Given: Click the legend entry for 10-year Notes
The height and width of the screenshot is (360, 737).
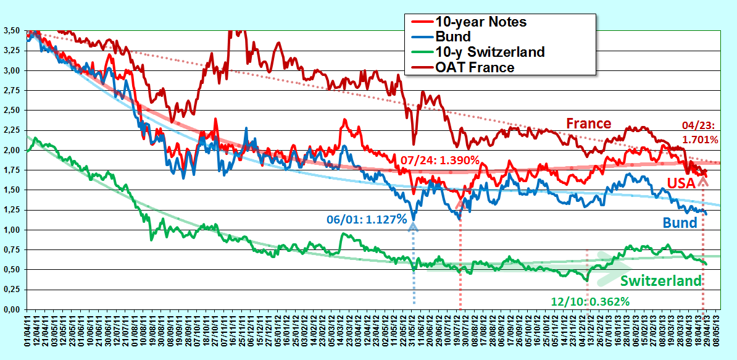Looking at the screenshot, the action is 475,22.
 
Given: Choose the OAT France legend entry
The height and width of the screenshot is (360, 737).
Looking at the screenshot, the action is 462,67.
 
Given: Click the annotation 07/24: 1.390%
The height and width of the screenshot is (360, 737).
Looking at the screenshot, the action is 439,161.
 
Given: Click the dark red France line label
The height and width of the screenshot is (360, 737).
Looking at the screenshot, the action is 588,123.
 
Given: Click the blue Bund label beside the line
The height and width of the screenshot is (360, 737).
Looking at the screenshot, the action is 680,223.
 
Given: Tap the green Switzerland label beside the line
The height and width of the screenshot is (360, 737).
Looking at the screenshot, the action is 661,281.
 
